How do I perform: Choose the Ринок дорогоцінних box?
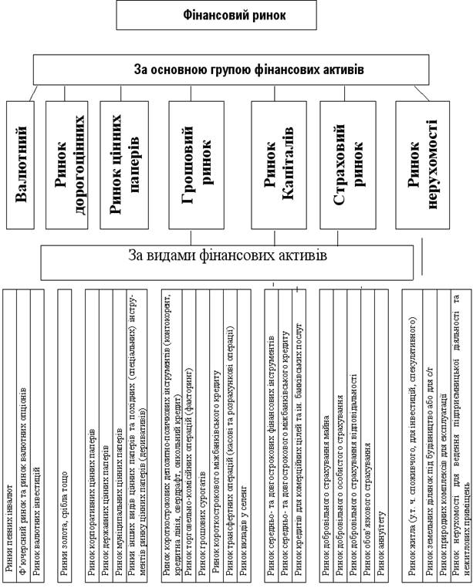pyautogui.click(x=69, y=163)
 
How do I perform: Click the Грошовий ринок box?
pyautogui.click(x=195, y=163)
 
